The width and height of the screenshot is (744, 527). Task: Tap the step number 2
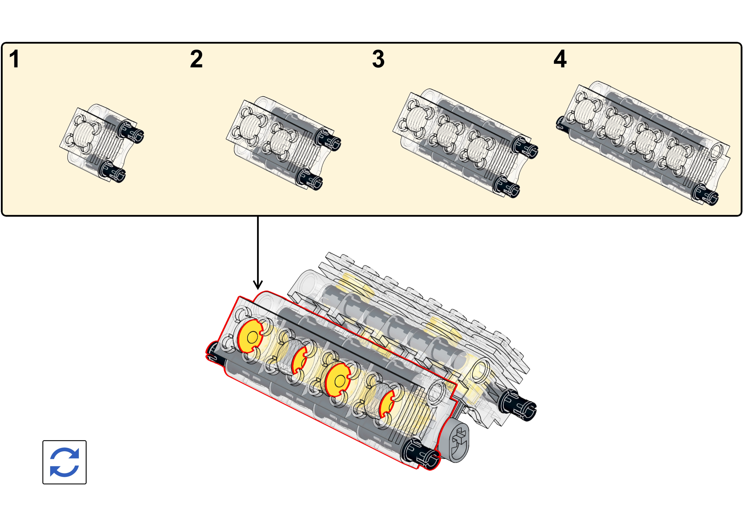click(x=196, y=59)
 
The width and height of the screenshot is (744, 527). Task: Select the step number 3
click(x=378, y=59)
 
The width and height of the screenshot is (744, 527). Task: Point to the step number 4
click(x=560, y=59)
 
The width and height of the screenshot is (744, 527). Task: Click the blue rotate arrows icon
click(x=65, y=462)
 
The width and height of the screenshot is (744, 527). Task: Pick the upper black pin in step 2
click(x=328, y=139)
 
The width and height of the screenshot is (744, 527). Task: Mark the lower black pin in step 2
click(x=309, y=179)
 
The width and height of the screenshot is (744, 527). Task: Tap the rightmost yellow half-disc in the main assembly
click(x=387, y=404)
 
